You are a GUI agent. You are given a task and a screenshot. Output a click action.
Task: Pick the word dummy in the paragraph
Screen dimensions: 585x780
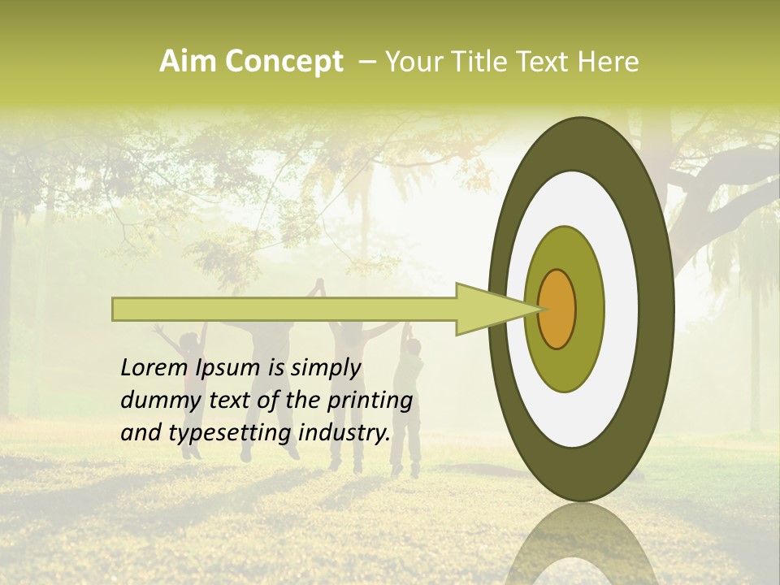[154, 401]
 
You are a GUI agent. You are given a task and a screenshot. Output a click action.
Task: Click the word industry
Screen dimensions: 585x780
[344, 433]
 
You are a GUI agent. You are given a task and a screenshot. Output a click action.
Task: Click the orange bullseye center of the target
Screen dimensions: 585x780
[557, 309]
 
